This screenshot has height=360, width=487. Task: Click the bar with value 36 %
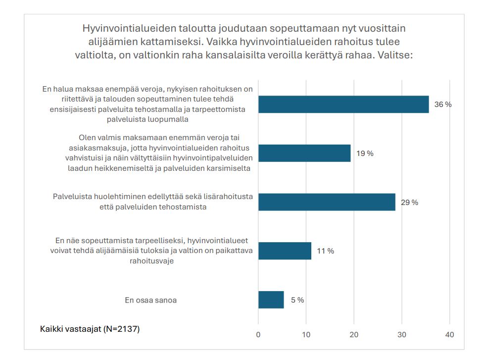[343, 104]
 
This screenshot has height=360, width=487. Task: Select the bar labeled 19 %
[304, 153]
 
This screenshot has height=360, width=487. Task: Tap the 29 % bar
[327, 202]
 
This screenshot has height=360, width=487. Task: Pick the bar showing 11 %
[285, 251]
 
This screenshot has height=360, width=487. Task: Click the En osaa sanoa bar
[271, 300]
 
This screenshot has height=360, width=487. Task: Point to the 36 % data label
[443, 104]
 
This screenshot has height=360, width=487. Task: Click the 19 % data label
[365, 154]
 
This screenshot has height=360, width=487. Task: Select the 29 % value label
[409, 203]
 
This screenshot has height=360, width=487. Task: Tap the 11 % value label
[325, 251]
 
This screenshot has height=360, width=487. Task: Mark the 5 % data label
[297, 300]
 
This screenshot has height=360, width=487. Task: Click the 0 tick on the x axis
[258, 335]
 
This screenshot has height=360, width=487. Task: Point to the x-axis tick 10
[306, 335]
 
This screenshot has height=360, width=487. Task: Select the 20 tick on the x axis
[354, 335]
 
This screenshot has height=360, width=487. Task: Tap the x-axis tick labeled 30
[402, 335]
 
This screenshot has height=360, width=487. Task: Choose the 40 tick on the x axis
[450, 335]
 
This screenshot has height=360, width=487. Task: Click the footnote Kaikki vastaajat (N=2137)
[90, 329]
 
